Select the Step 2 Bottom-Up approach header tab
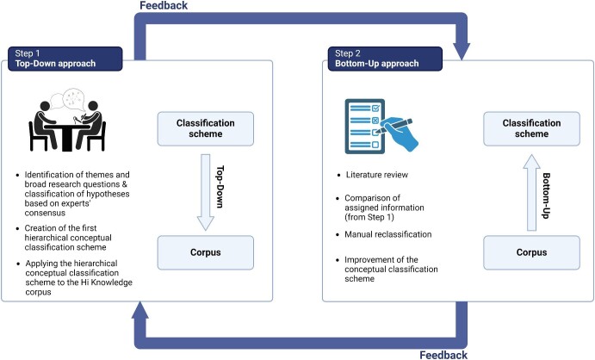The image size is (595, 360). click(x=383, y=58)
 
